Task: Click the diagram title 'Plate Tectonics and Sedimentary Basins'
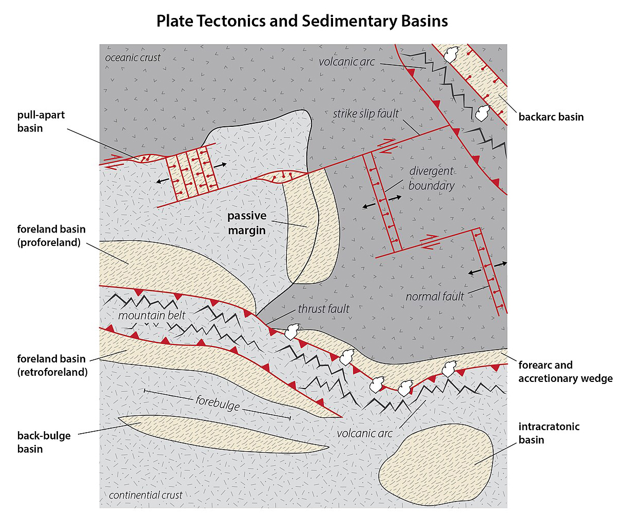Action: click(x=302, y=21)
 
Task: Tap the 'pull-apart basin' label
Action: click(x=41, y=121)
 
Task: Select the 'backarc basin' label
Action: click(x=551, y=117)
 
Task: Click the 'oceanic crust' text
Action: click(x=133, y=57)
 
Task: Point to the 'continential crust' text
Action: click(x=146, y=495)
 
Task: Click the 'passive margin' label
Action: click(x=247, y=223)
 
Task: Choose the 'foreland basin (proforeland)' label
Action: click(x=51, y=236)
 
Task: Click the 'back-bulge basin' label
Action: click(x=44, y=442)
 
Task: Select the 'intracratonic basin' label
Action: click(x=549, y=433)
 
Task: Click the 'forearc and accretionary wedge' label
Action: click(x=565, y=372)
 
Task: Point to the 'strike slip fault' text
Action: click(x=365, y=113)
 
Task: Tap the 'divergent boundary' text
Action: click(x=431, y=178)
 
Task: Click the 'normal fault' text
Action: click(x=435, y=296)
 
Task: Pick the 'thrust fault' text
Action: click(x=323, y=309)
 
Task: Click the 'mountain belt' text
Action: click(x=151, y=315)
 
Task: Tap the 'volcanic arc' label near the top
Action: click(x=347, y=62)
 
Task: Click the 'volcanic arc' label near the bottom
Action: click(x=364, y=433)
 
